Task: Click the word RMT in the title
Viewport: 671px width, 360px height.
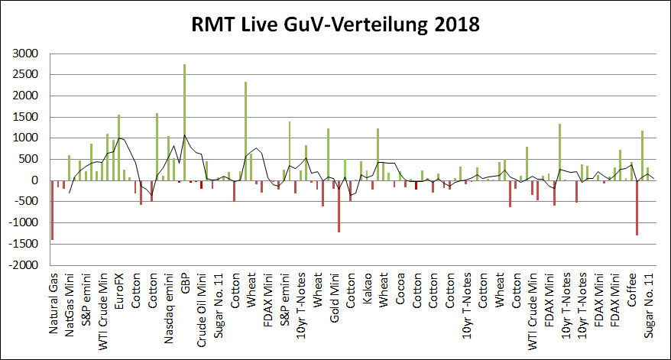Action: coord(217,24)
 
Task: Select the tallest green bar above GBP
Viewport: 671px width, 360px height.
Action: coord(184,122)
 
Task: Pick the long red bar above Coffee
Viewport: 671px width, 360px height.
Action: coord(636,208)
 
